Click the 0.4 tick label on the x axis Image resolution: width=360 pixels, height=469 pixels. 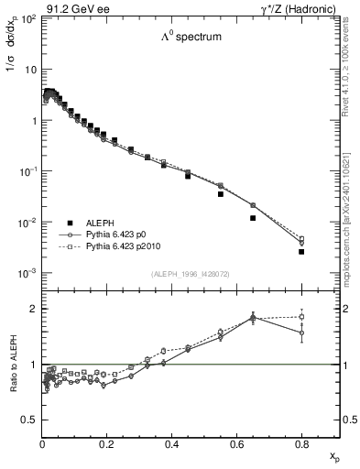pyautogui.click(x=171, y=446)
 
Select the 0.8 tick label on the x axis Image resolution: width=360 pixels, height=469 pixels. pyautogui.click(x=300, y=446)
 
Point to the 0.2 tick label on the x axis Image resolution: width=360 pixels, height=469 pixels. pyautogui.click(x=106, y=446)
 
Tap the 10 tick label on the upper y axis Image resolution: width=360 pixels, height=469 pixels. pyautogui.click(x=29, y=70)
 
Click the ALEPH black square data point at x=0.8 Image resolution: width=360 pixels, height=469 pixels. pyautogui.click(x=301, y=251)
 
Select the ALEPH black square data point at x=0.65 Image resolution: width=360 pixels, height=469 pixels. pyautogui.click(x=253, y=218)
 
